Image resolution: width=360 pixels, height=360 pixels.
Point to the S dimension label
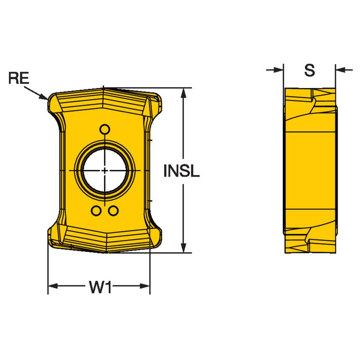point(309,70)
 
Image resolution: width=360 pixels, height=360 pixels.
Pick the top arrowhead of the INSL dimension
point(183,93)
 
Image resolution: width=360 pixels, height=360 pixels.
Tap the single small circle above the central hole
point(105,129)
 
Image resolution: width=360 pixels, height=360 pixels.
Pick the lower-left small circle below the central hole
point(97,211)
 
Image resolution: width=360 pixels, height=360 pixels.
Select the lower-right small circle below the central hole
point(113,211)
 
